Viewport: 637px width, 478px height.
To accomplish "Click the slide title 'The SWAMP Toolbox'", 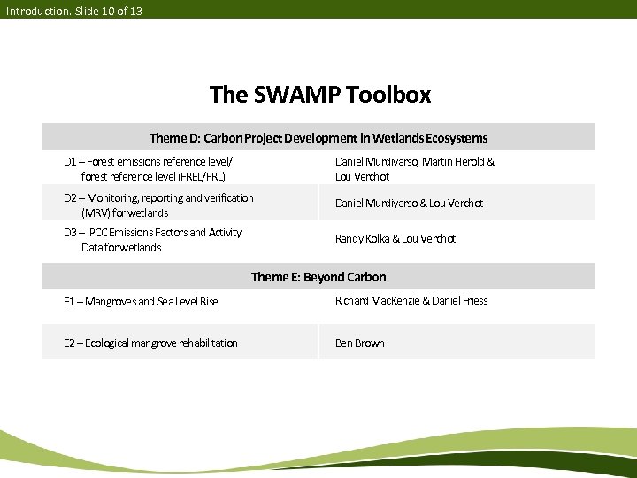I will coord(319,94).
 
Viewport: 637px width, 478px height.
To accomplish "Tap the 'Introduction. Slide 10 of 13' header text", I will coord(73,11).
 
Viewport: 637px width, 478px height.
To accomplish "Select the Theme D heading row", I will coord(318,138).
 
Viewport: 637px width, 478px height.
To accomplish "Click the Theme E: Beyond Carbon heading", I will coord(318,277).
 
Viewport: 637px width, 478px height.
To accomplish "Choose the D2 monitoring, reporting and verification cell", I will coord(158,205).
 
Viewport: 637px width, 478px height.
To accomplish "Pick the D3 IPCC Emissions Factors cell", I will coord(152,240).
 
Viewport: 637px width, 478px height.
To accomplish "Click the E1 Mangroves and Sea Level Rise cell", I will coord(141,302).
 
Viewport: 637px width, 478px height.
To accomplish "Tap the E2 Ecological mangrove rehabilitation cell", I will coord(150,343).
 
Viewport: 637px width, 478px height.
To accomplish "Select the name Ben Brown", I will coord(359,343).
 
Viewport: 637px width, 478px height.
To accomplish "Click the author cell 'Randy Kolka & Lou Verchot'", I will coord(395,239).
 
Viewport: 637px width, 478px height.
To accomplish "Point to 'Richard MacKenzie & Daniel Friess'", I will coord(411,301).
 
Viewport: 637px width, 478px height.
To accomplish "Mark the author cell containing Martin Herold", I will coord(414,169).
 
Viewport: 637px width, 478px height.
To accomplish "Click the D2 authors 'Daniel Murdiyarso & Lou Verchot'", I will coord(409,204).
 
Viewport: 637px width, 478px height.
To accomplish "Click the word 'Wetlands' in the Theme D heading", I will coord(397,138).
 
